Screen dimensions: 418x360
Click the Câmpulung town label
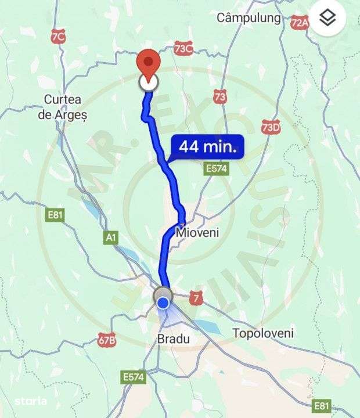[249, 18]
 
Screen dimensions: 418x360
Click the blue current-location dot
[164, 302]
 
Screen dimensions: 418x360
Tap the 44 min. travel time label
[208, 147]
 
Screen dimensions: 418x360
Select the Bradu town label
[174, 338]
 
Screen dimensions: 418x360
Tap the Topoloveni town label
[262, 333]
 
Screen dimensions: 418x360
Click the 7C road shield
[58, 37]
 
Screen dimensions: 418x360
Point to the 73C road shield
[183, 49]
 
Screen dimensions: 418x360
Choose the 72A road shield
[300, 23]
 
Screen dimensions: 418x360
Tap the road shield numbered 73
[219, 96]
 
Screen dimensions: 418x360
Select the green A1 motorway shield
[111, 237]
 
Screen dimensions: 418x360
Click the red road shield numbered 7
[197, 298]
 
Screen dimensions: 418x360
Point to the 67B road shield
[107, 340]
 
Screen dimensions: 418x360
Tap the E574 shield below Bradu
[134, 377]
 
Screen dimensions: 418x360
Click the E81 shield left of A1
[55, 215]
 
